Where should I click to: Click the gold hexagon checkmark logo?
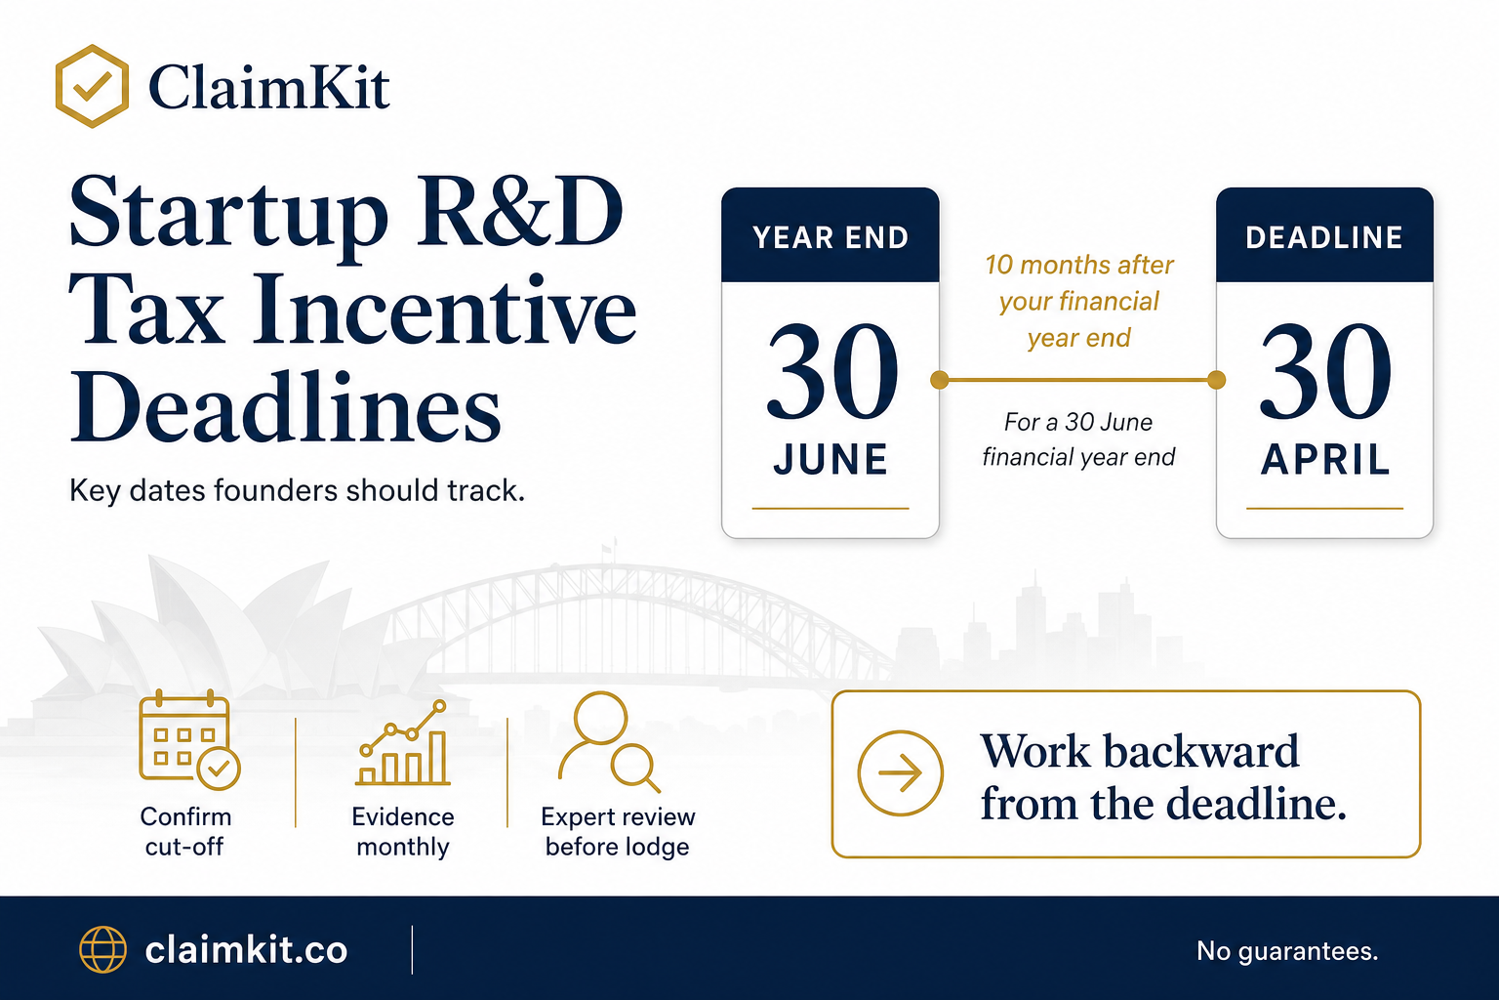92,86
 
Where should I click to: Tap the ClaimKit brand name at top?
268,87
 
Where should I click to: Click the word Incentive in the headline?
444,311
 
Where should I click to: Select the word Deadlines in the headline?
286,407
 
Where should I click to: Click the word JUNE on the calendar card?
831,460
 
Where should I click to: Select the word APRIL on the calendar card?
1325,460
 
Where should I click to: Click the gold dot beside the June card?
940,380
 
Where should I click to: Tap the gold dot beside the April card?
1217,380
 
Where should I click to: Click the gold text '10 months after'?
1078,265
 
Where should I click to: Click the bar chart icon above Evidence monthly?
403,742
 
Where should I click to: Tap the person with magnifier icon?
609,742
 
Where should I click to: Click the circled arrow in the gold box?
900,772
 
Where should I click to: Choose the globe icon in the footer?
103,949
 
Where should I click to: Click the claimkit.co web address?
246,950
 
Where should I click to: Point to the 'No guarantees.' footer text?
1287,951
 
